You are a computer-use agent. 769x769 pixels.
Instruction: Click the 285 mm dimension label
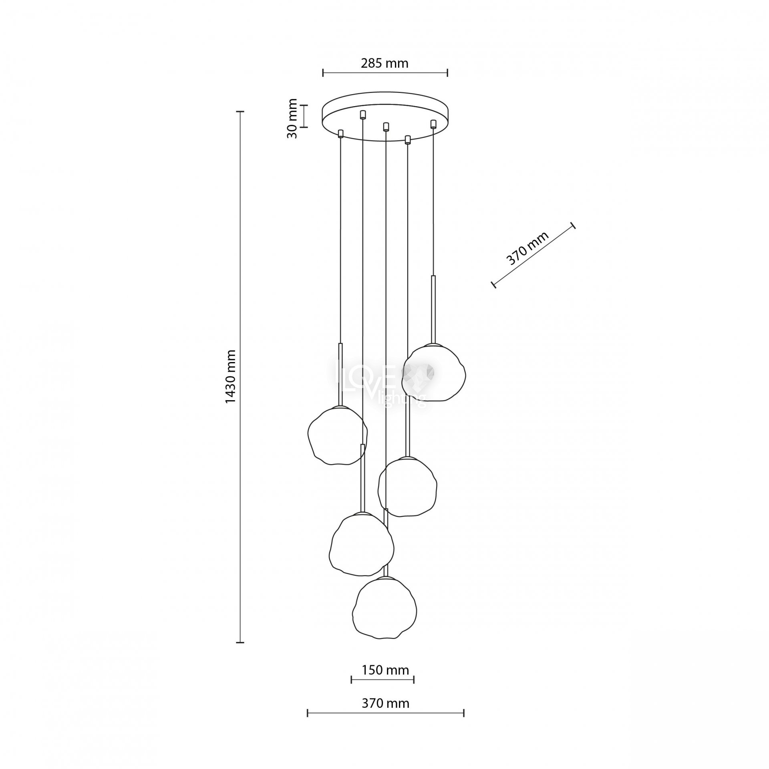click(x=384, y=63)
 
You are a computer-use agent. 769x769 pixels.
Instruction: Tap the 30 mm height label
click(x=293, y=119)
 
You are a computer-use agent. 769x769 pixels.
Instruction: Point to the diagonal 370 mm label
click(x=527, y=249)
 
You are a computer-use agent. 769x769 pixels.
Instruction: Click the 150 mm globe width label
click(x=385, y=670)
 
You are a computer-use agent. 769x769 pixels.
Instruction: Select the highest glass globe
click(x=434, y=372)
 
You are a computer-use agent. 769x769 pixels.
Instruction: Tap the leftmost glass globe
click(x=338, y=435)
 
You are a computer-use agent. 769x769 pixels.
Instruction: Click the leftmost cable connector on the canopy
click(x=341, y=133)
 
